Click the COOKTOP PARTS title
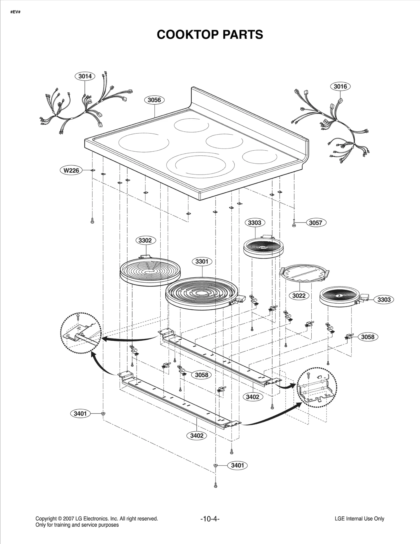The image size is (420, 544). point(210,35)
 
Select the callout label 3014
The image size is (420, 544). point(85,76)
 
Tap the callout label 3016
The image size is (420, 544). point(340,86)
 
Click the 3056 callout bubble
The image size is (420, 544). point(154,100)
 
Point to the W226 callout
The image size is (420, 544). point(71,171)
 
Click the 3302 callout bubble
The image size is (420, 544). point(145,240)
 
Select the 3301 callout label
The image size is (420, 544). point(202,261)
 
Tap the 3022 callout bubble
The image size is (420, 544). point(299,296)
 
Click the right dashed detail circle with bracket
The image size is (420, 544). point(317,387)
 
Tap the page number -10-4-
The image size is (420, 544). point(210,519)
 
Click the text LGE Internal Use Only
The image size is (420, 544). point(359,519)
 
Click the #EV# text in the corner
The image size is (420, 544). point(15,12)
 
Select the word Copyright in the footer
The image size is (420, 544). point(46,519)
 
